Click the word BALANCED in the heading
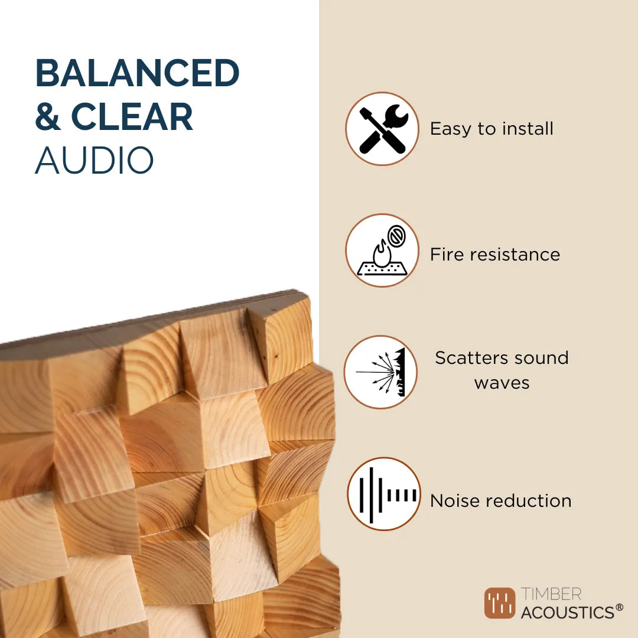137,74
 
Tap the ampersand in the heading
48,117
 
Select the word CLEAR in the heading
132,117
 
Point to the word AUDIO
95,160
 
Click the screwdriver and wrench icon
382,129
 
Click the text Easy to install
491,129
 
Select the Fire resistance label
495,255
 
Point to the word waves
502,383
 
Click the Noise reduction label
501,501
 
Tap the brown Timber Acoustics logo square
500,603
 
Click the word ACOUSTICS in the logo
567,613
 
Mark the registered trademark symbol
619,607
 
